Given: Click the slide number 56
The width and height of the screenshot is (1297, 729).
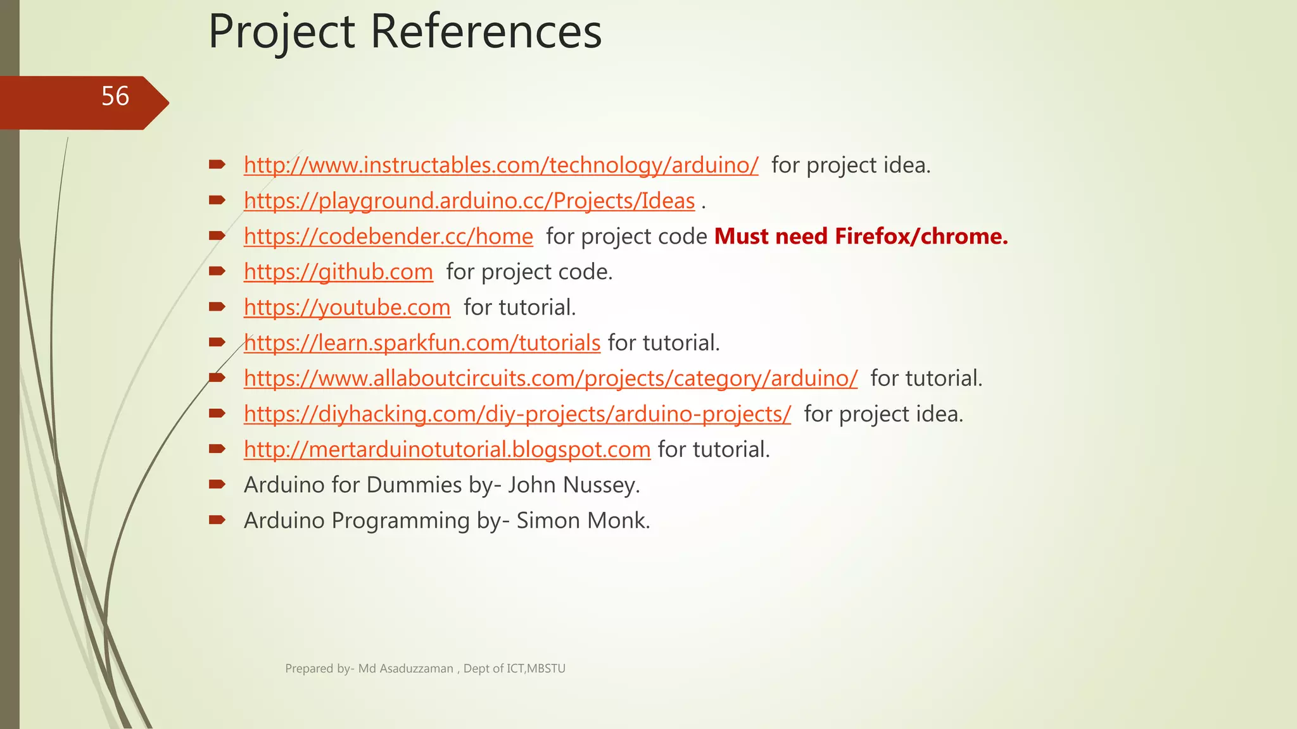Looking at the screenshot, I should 115,97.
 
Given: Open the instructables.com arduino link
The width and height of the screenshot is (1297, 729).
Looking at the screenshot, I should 500,165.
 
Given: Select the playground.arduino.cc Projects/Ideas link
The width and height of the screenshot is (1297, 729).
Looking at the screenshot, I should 469,201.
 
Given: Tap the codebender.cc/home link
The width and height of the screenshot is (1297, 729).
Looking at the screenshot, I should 388,236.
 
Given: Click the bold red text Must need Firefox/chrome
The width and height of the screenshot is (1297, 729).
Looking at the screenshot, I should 861,236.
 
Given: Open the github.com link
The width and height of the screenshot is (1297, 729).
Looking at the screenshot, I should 338,271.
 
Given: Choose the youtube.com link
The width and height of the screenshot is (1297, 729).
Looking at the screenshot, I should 347,307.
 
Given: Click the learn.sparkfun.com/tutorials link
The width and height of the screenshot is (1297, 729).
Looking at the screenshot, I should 422,342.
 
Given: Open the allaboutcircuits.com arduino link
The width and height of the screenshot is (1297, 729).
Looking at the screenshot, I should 550,378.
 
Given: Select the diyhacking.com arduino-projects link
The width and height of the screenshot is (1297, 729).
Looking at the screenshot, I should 517,414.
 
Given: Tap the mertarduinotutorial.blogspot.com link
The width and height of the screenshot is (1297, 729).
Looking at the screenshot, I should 447,449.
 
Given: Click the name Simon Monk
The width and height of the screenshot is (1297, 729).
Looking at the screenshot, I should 583,520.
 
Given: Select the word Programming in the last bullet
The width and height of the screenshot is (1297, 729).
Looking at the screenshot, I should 400,520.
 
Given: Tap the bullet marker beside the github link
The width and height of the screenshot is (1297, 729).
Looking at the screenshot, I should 217,271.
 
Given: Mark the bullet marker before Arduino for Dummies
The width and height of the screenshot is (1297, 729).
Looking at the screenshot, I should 217,485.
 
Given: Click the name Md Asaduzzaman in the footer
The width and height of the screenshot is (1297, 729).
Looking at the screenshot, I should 405,668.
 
